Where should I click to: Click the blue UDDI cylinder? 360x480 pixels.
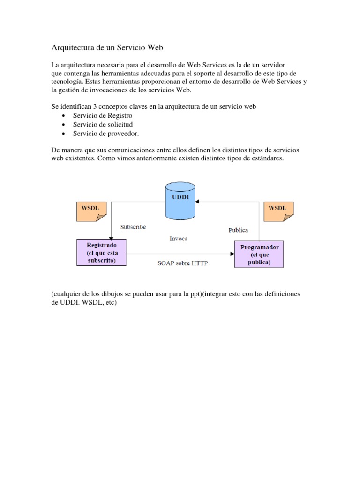pyautogui.click(x=180, y=202)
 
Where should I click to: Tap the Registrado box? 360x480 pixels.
pyautogui.click(x=102, y=253)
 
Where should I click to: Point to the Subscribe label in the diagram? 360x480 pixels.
pyautogui.click(x=133, y=227)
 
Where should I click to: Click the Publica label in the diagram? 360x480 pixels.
pyautogui.click(x=238, y=230)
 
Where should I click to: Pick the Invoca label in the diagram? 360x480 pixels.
pyautogui.click(x=178, y=239)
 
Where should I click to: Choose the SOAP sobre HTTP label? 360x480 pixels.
pyautogui.click(x=182, y=263)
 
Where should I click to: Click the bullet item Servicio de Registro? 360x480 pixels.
pyautogui.click(x=103, y=115)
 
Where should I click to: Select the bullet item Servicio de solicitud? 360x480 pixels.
pyautogui.click(x=103, y=124)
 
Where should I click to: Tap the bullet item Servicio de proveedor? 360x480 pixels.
pyautogui.click(x=106, y=133)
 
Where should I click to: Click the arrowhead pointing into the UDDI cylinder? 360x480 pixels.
pyautogui.click(x=197, y=202)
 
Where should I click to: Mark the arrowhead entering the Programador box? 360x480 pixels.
pyautogui.click(x=232, y=254)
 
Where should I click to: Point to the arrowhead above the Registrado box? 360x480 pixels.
pyautogui.click(x=112, y=237)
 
